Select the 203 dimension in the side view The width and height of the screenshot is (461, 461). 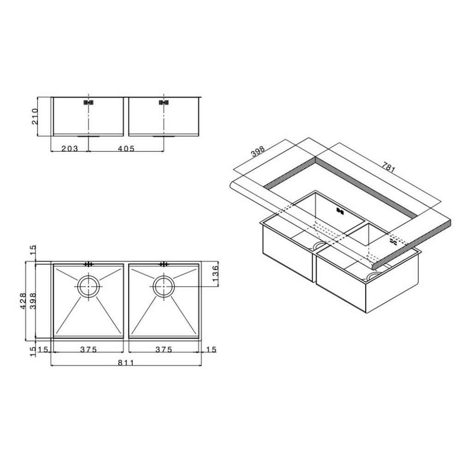click(x=69, y=148)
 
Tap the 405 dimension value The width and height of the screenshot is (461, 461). click(x=125, y=148)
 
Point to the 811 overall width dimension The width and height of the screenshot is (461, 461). click(x=125, y=363)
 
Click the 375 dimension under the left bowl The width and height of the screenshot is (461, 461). click(x=88, y=349)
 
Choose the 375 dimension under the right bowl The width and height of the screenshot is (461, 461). click(x=164, y=349)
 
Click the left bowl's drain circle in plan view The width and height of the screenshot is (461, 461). click(x=88, y=286)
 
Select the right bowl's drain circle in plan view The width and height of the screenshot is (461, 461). click(x=163, y=286)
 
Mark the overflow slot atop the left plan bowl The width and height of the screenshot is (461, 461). click(x=88, y=264)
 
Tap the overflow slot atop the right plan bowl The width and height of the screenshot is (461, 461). click(x=163, y=264)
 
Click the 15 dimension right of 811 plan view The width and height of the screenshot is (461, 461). click(x=212, y=349)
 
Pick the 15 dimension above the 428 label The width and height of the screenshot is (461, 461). click(x=31, y=251)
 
